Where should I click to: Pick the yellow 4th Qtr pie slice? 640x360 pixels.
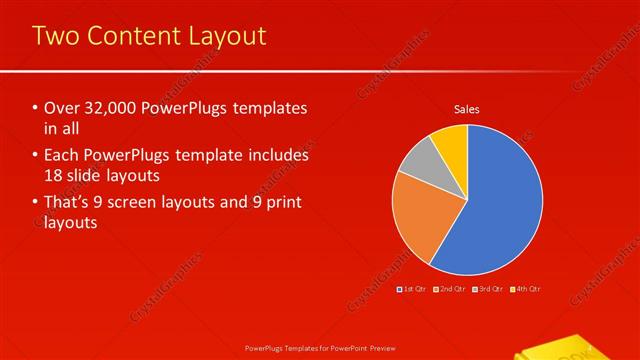(452, 143)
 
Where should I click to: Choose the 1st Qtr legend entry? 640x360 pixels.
(413, 288)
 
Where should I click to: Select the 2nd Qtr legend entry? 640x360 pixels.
(450, 288)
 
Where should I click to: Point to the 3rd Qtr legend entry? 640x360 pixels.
(487, 288)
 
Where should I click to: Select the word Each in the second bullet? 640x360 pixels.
(63, 155)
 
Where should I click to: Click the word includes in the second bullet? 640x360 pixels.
(277, 155)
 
